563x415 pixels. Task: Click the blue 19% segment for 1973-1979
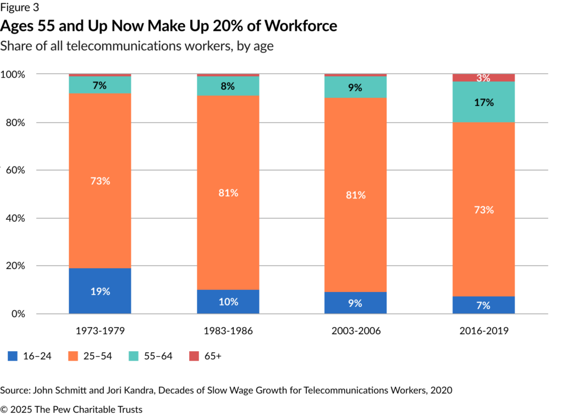[x=100, y=291]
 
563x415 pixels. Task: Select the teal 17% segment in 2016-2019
[x=484, y=102]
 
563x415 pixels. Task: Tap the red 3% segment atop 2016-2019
[x=484, y=78]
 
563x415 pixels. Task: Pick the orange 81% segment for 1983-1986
[x=228, y=192]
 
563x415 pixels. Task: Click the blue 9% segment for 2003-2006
[x=356, y=302]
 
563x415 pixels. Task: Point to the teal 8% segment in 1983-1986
[x=228, y=86]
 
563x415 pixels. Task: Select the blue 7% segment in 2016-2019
[x=484, y=305]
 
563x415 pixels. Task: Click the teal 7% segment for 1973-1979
[x=100, y=85]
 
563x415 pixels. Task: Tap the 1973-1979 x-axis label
[x=100, y=332]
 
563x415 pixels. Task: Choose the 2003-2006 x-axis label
[x=356, y=332]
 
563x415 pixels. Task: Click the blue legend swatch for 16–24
[x=13, y=356]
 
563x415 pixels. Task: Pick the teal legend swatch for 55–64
[x=134, y=356]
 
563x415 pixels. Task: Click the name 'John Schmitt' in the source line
[x=59, y=390]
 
